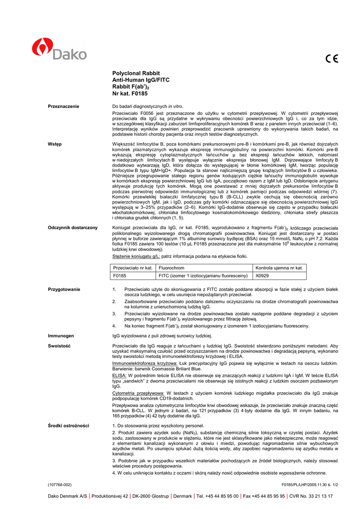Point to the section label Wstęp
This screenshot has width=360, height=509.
55,144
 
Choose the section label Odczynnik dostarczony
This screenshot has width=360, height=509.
73,228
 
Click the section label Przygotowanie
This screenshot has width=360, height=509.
64,289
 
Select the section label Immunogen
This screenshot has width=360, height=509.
61,336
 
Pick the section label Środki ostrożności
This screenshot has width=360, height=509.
69,425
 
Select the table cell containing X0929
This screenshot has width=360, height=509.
262,275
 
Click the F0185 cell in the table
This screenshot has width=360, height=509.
120,275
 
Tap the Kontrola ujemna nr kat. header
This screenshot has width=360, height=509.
279,267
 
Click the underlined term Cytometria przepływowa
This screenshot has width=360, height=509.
137,393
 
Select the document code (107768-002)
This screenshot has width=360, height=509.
60,484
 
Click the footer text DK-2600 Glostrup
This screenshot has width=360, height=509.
150,496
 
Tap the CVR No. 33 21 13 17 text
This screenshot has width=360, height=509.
311,496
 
